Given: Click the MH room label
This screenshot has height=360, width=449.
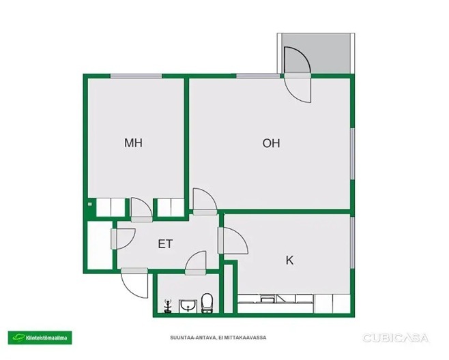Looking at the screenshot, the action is coord(133,142).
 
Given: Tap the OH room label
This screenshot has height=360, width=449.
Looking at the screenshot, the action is coord(271,143).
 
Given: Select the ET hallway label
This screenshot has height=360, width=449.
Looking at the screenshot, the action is coord(165,244).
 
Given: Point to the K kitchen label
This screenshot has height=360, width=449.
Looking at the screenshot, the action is coord(290,260).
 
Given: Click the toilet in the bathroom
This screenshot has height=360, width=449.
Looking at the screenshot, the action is coord(207,303).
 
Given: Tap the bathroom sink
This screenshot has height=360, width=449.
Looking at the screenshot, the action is coord(188,305).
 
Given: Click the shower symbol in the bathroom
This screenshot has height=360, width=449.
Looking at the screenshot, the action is coord(167,306).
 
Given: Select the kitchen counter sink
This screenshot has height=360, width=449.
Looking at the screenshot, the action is coord(267,299).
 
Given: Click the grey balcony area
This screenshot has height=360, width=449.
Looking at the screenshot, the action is coord(316,53).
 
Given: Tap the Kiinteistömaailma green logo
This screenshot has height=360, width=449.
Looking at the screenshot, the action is coord(40,337).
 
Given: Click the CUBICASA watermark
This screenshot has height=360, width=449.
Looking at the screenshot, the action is coord(396,338).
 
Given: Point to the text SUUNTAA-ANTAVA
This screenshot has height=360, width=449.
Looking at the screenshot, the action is coord(193,337).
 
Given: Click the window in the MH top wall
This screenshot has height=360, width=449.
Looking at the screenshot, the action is coord(136,76).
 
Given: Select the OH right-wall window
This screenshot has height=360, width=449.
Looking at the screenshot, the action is coord(353,154).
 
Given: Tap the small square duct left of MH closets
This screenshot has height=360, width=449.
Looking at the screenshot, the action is coord(90,204).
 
